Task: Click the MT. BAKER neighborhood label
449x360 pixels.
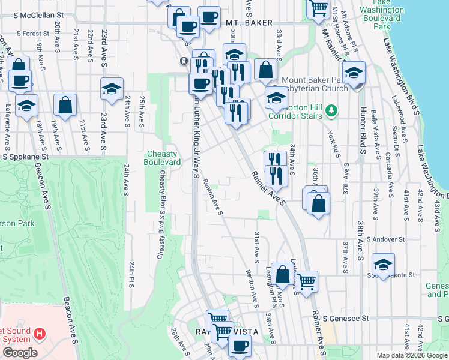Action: [244, 23]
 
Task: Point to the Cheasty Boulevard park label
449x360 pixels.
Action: [163, 158]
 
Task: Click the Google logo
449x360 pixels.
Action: [20, 353]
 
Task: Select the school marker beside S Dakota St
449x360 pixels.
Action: [383, 263]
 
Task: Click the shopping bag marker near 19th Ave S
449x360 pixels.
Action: [65, 104]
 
